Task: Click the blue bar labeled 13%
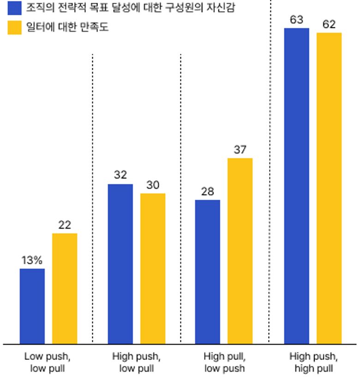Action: tap(32, 306)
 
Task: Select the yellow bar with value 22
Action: tap(65, 288)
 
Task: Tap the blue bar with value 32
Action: tap(120, 264)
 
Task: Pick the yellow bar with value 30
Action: tap(153, 268)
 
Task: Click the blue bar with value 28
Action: tap(208, 272)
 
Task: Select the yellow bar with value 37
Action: tap(240, 251)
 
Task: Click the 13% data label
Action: tap(32, 260)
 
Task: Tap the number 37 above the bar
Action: tap(240, 150)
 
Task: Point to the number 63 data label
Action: tap(296, 20)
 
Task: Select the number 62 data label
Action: tap(329, 24)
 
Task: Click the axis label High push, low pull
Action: tap(136, 362)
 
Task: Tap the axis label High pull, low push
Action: tap(224, 362)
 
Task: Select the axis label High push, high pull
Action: tap(313, 362)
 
